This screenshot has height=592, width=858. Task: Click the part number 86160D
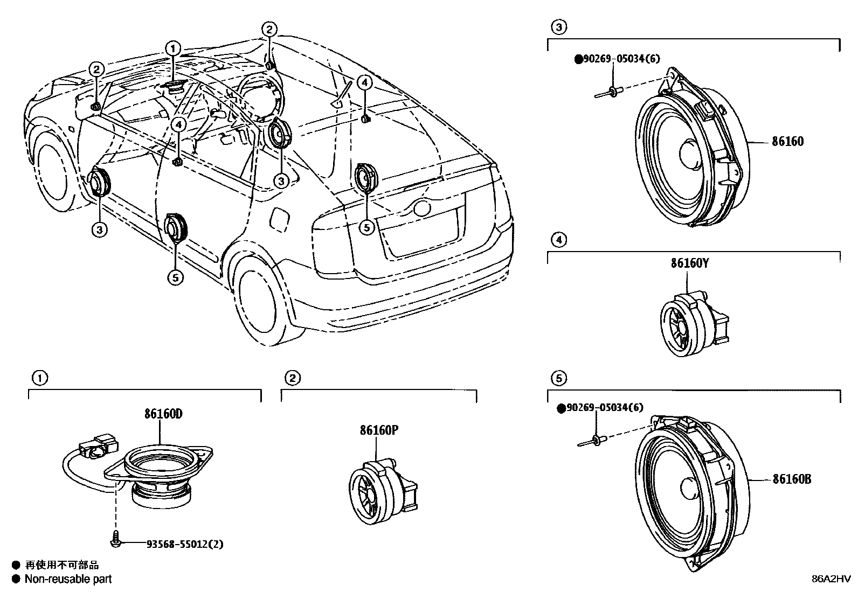[x=163, y=414]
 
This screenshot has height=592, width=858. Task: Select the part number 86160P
[x=379, y=430]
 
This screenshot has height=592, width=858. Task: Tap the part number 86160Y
[x=690, y=263]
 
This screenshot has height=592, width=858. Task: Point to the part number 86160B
[x=792, y=479]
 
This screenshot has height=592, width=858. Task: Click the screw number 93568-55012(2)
[x=185, y=544]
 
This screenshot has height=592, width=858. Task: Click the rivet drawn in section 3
[x=609, y=92]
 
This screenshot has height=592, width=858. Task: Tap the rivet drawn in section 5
[x=592, y=442]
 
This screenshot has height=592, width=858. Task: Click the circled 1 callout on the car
[x=172, y=48]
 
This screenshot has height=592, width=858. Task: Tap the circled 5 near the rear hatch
[x=366, y=227]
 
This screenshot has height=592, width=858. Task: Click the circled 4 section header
[x=559, y=240]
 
